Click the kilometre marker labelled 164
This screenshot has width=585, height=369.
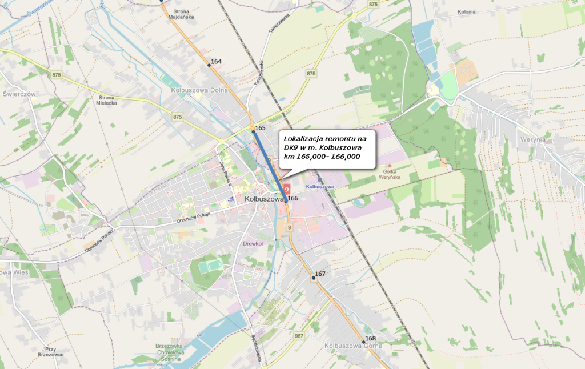(209, 65)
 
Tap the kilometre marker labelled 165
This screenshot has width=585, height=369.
(253, 131)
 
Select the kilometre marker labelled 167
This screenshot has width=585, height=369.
(314, 278)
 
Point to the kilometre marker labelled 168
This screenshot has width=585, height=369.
(363, 342)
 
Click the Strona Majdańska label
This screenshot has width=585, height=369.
(182, 14)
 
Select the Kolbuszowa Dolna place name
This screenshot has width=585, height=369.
(199, 90)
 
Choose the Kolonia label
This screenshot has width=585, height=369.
(467, 11)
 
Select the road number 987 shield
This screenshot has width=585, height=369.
(299, 336)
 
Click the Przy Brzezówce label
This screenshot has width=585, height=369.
(50, 351)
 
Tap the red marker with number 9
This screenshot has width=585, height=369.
(287, 188)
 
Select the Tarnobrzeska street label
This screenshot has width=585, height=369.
(258, 73)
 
